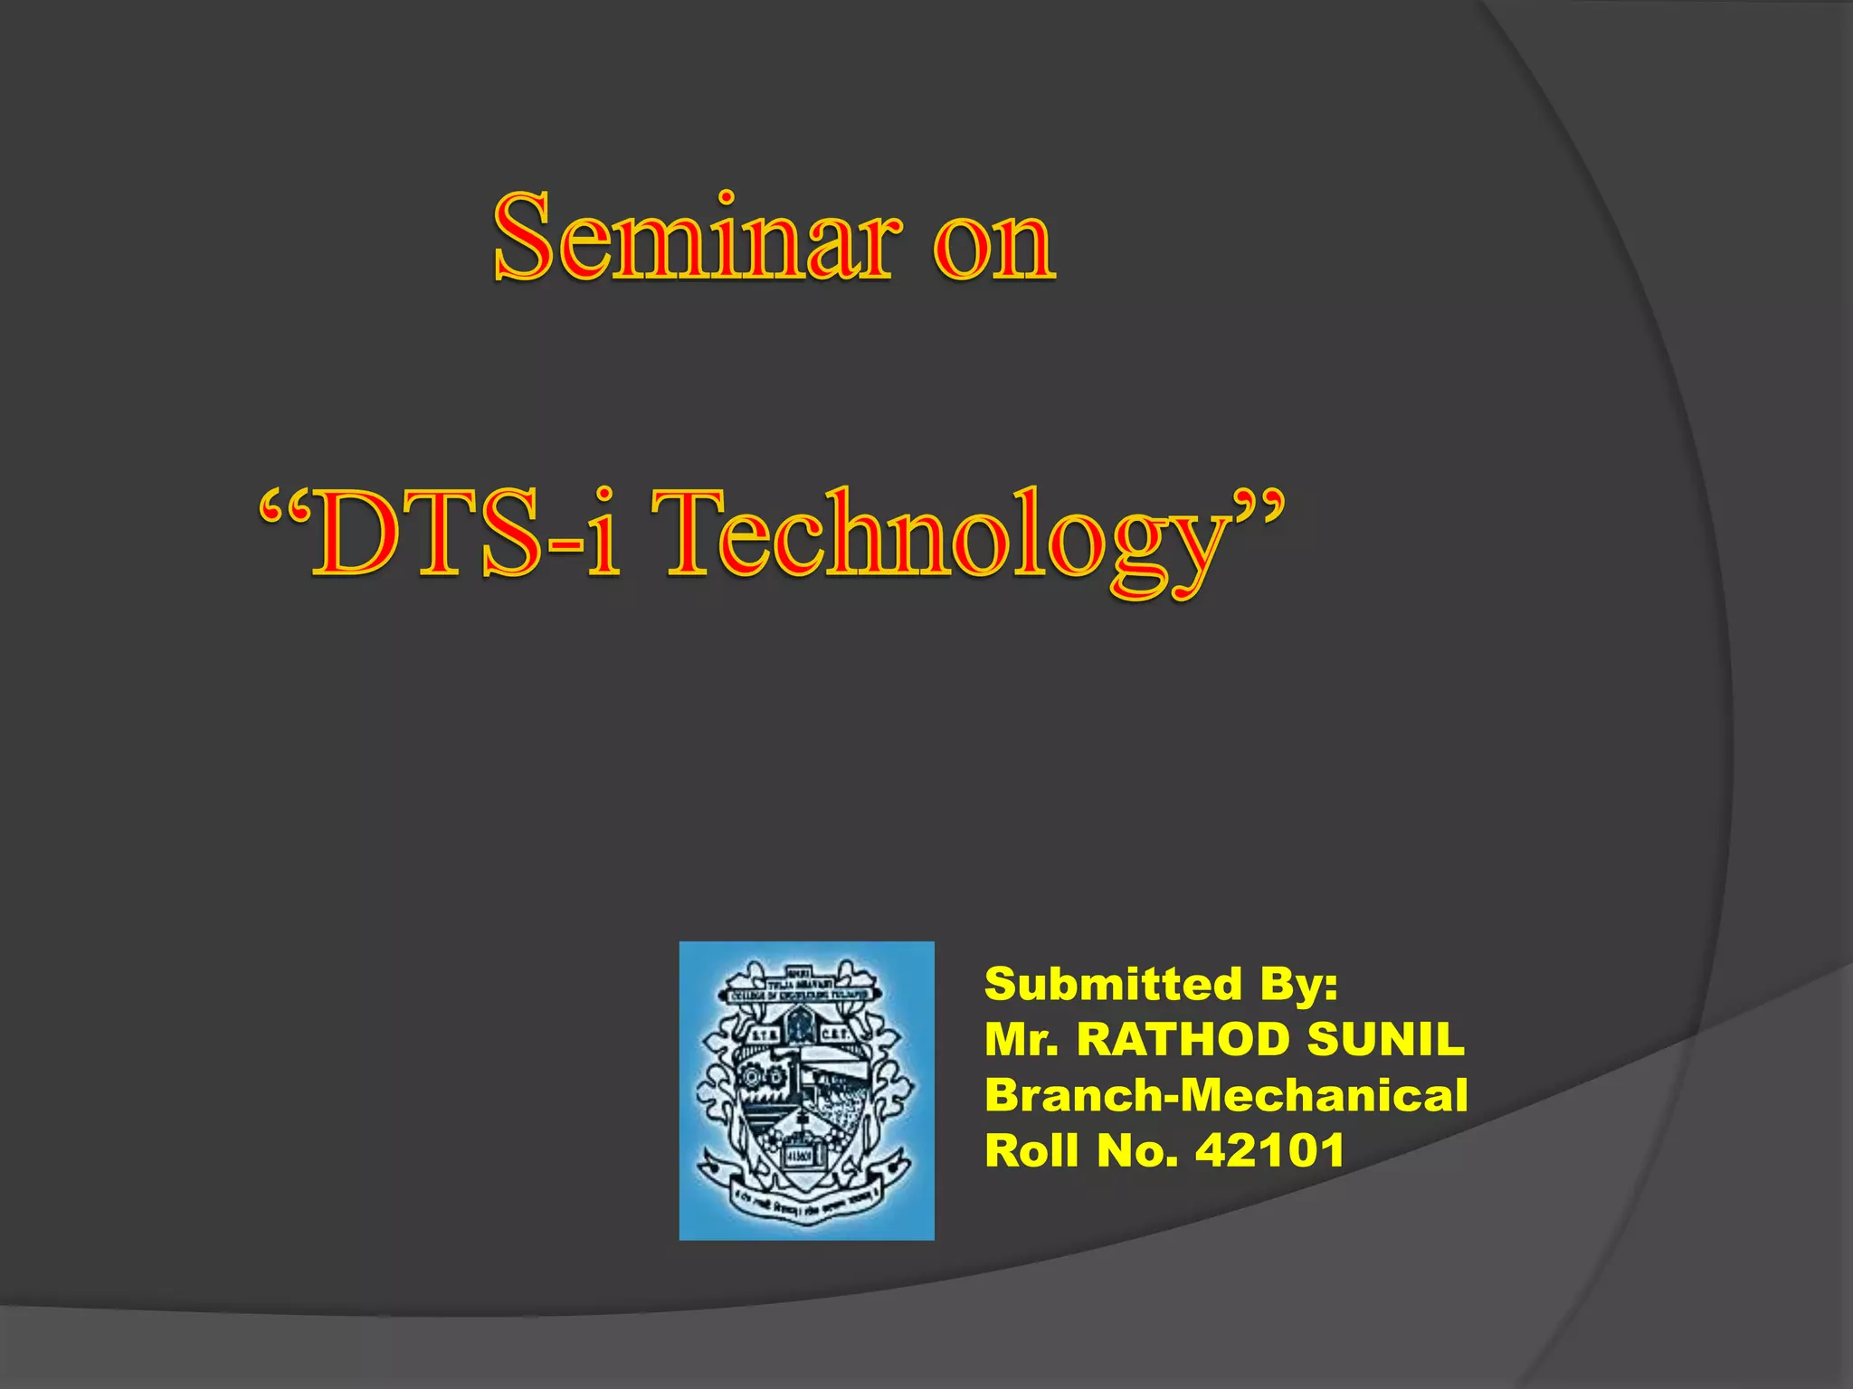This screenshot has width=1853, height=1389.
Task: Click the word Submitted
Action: [x=1113, y=983]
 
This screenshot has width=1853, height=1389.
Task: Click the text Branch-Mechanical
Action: [x=1226, y=1095]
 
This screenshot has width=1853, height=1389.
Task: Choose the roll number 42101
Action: [x=1270, y=1151]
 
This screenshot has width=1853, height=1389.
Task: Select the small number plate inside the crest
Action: [x=798, y=1157]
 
